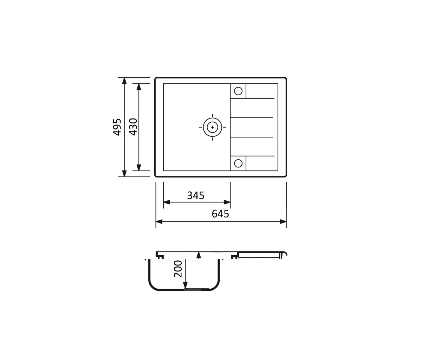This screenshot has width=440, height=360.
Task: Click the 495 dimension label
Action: tap(117, 127)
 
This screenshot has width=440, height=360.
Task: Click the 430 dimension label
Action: tap(133, 127)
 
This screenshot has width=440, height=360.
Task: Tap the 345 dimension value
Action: tap(195, 195)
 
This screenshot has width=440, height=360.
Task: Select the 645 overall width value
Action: tap(220, 214)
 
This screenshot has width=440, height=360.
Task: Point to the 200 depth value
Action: tap(178, 269)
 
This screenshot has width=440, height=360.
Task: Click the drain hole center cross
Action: tap(212, 127)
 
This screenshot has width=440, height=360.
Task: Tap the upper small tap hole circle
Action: tap(238, 91)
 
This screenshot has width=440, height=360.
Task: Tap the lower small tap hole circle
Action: tap(238, 163)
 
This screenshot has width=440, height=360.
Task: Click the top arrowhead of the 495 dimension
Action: tap(124, 81)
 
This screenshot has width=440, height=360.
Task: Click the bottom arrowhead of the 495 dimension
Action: tap(124, 173)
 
